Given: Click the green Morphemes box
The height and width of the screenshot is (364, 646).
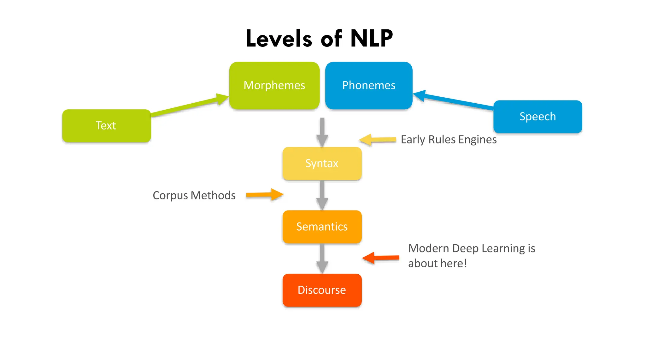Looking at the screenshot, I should point(274,86).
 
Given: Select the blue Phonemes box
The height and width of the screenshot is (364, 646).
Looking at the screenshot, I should point(368,86).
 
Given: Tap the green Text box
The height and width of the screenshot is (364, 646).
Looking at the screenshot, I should point(106,126).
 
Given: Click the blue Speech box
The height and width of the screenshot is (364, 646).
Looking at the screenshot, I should point(537,117).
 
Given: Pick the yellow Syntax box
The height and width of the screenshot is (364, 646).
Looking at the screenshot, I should point(322,164).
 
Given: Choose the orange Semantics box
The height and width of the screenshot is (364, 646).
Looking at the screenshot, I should point(322,227).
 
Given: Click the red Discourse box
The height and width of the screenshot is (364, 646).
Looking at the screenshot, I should point(322,290).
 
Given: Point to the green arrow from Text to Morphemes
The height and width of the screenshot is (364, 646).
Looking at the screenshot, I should point(189,106).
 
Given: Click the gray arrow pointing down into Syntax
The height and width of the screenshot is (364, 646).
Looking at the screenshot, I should point(322,131).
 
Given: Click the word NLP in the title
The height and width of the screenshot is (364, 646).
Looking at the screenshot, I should point(371,39).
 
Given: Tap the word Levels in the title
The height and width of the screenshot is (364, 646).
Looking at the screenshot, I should point(279,39).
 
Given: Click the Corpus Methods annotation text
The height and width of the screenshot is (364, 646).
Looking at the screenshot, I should point(194,196).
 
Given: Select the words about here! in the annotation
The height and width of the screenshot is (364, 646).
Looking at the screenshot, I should point(437,264).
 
